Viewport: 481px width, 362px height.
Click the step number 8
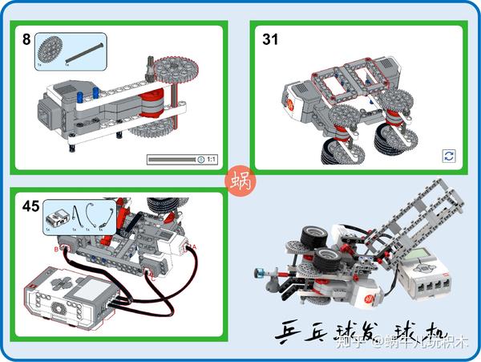tap(26, 39)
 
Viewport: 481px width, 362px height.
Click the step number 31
tap(270, 39)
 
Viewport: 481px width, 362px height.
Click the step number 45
tap(31, 206)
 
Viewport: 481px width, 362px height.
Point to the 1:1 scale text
tap(212, 160)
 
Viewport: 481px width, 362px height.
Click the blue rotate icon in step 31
tap(449, 156)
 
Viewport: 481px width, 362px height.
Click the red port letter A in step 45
tap(192, 247)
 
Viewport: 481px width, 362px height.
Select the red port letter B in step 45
tap(55, 250)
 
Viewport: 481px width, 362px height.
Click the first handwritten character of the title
tap(287, 331)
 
